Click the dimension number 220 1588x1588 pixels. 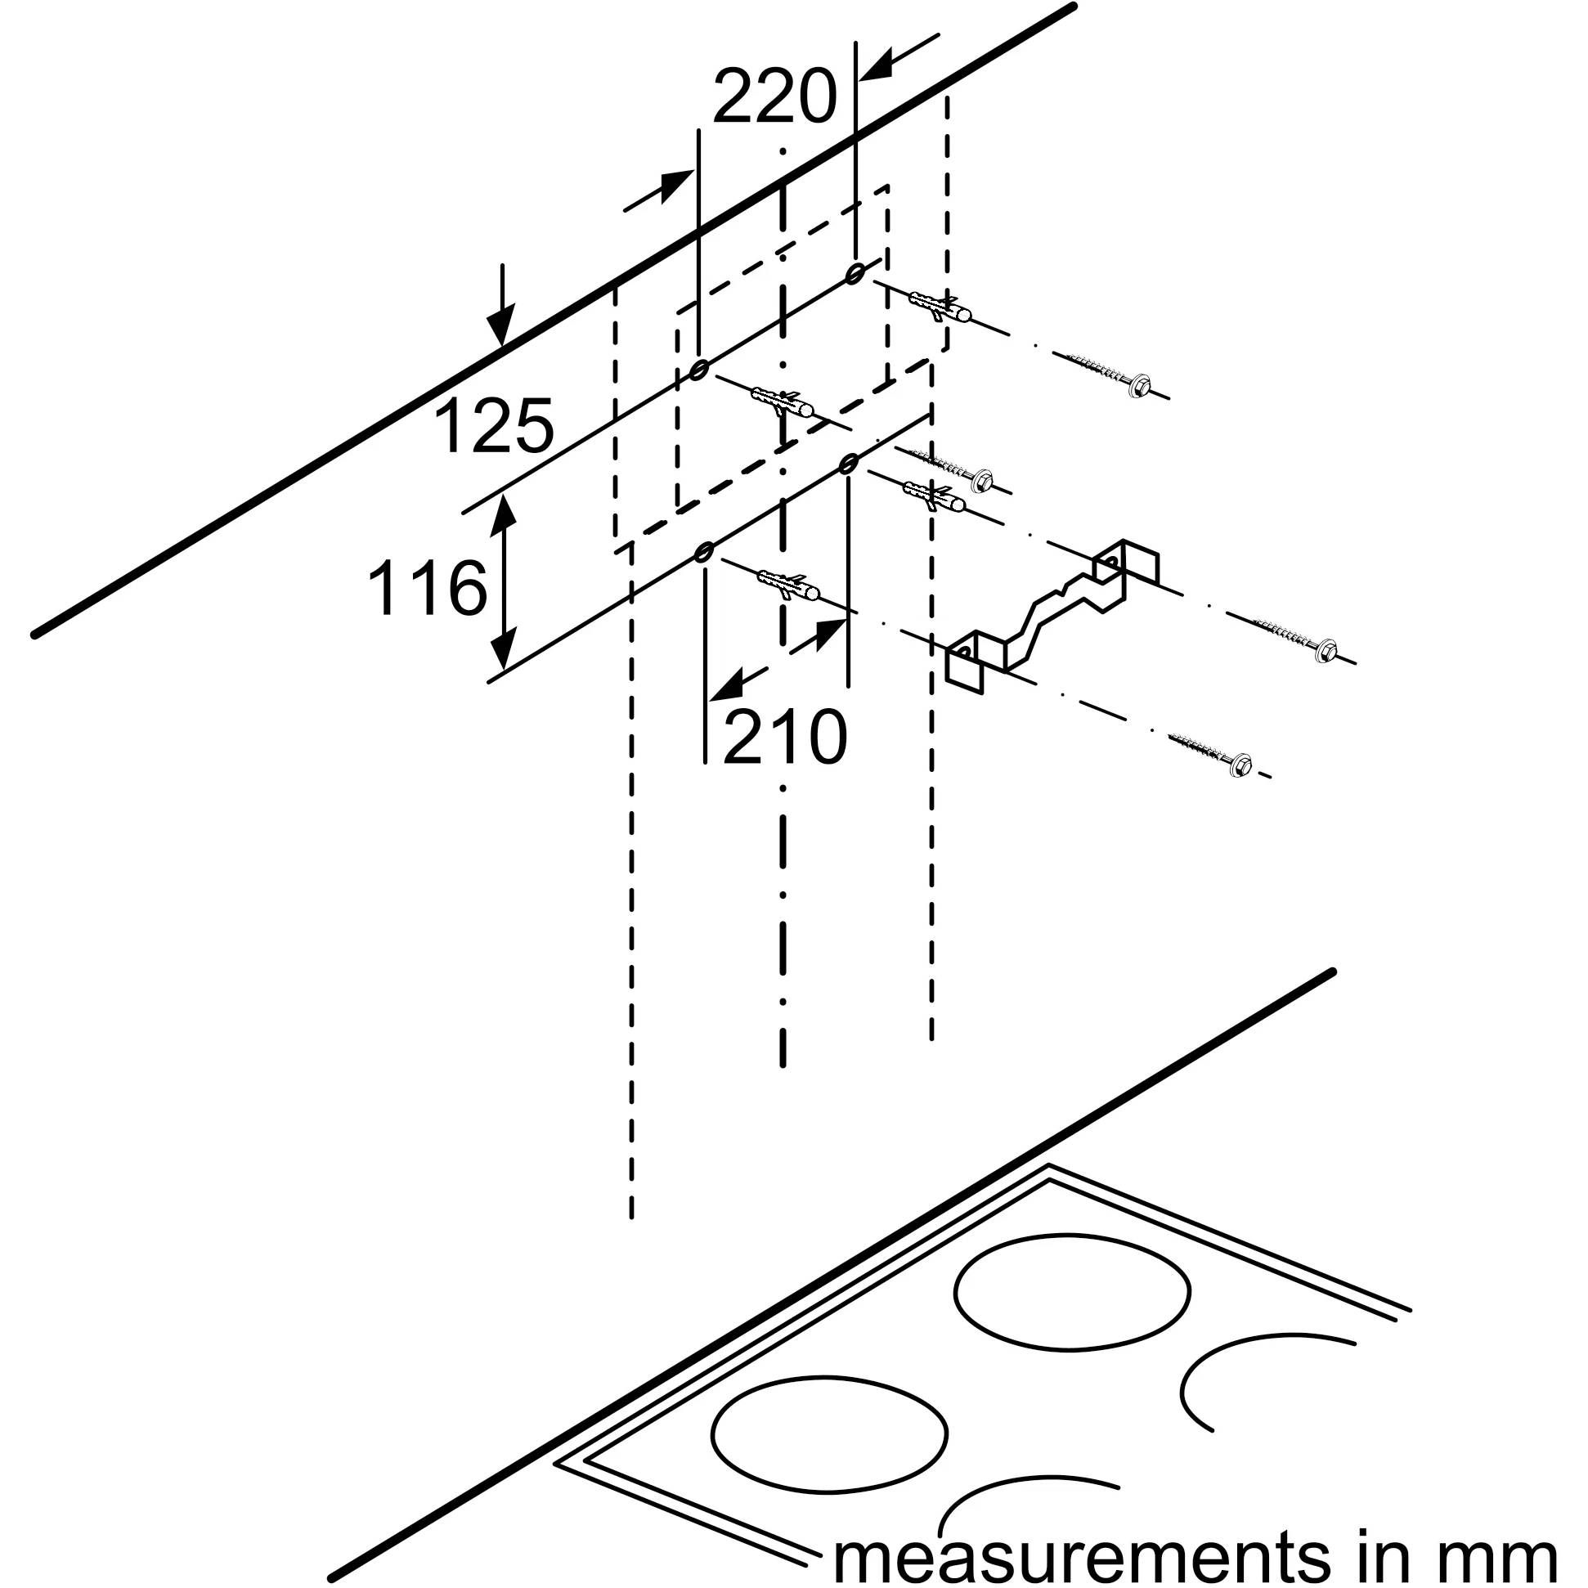click(774, 96)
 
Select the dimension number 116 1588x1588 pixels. click(427, 589)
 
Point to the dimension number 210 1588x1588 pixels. click(784, 736)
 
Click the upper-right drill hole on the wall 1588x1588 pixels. click(855, 272)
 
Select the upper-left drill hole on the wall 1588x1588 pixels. click(698, 370)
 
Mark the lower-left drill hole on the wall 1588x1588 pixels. click(702, 552)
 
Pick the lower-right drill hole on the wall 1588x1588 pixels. click(847, 464)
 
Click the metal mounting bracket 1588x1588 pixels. click(1052, 612)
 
